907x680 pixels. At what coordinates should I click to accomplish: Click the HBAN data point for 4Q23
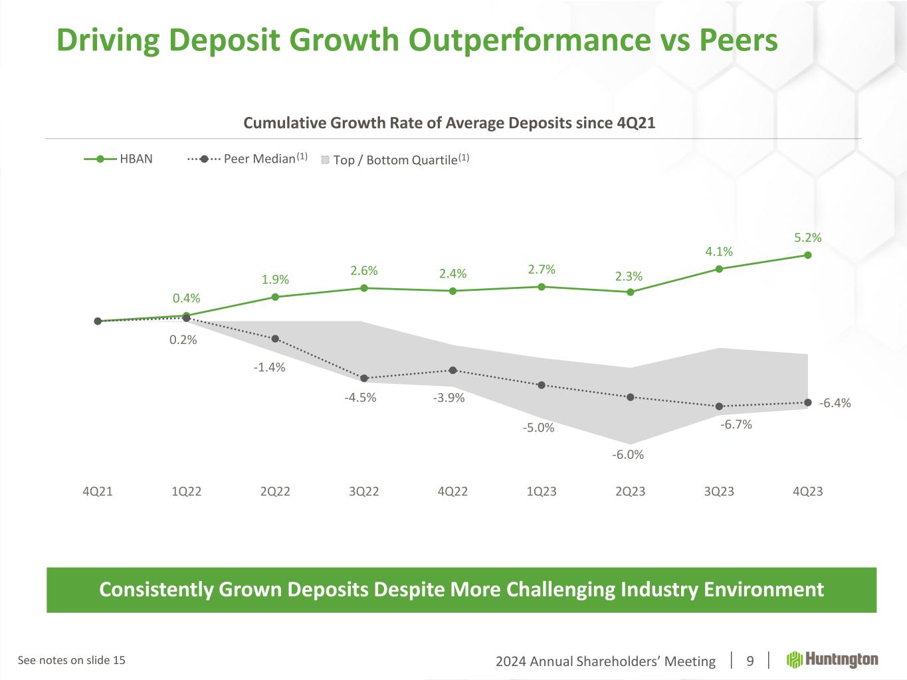pyautogui.click(x=808, y=255)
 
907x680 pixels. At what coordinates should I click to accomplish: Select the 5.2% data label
pyautogui.click(x=808, y=237)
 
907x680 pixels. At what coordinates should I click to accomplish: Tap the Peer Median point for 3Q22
pyautogui.click(x=364, y=379)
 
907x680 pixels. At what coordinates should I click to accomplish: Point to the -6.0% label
pyautogui.click(x=628, y=455)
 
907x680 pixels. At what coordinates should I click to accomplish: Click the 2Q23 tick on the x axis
pyautogui.click(x=630, y=491)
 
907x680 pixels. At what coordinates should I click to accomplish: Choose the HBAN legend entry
pyautogui.click(x=120, y=159)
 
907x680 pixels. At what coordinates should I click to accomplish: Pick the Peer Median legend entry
pyautogui.click(x=247, y=159)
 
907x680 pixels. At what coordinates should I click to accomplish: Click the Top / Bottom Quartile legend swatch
pyautogui.click(x=326, y=159)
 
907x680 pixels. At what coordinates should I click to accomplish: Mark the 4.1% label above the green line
pyautogui.click(x=719, y=251)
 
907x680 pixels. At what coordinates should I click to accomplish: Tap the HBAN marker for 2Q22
pyautogui.click(x=275, y=297)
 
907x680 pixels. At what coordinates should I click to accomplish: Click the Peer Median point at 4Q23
pyautogui.click(x=808, y=402)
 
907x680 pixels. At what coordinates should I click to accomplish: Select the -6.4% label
pyautogui.click(x=835, y=403)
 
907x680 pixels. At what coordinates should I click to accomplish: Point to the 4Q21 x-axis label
pyautogui.click(x=98, y=491)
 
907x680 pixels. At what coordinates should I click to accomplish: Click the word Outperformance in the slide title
pyautogui.click(x=529, y=41)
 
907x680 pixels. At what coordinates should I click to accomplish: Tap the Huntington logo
pyautogui.click(x=833, y=659)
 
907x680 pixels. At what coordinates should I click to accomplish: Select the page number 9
pyautogui.click(x=750, y=661)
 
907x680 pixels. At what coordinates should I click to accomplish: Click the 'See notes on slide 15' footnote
pyautogui.click(x=71, y=660)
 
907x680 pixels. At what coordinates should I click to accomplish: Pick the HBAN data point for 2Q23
pyautogui.click(x=630, y=292)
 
